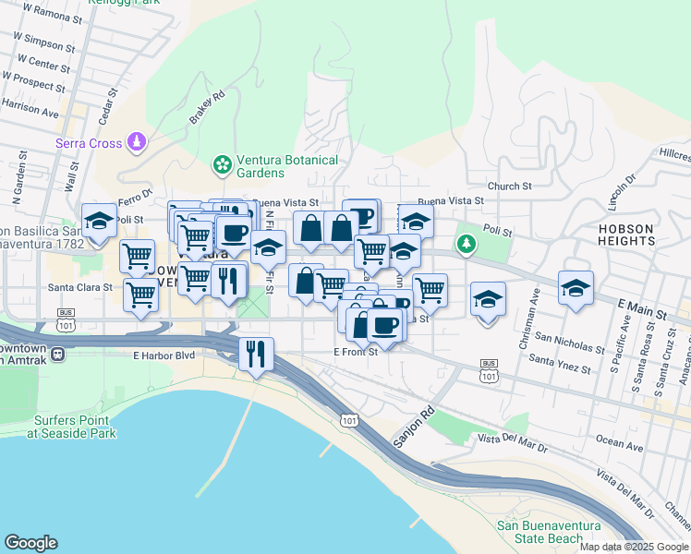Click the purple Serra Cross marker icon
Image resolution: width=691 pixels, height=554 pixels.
137,141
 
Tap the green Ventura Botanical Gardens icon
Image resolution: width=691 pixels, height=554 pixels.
222,164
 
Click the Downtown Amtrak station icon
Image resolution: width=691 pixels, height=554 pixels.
57,353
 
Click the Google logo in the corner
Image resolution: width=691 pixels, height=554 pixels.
30,543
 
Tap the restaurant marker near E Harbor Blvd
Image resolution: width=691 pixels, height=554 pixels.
255,353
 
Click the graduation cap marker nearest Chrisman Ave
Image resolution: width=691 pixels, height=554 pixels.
488,297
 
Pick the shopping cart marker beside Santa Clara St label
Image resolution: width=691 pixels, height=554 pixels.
139,295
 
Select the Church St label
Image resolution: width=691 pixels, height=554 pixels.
510,186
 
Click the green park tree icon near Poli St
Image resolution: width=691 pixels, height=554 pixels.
465,245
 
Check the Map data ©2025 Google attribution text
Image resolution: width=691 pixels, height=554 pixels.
634,547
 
